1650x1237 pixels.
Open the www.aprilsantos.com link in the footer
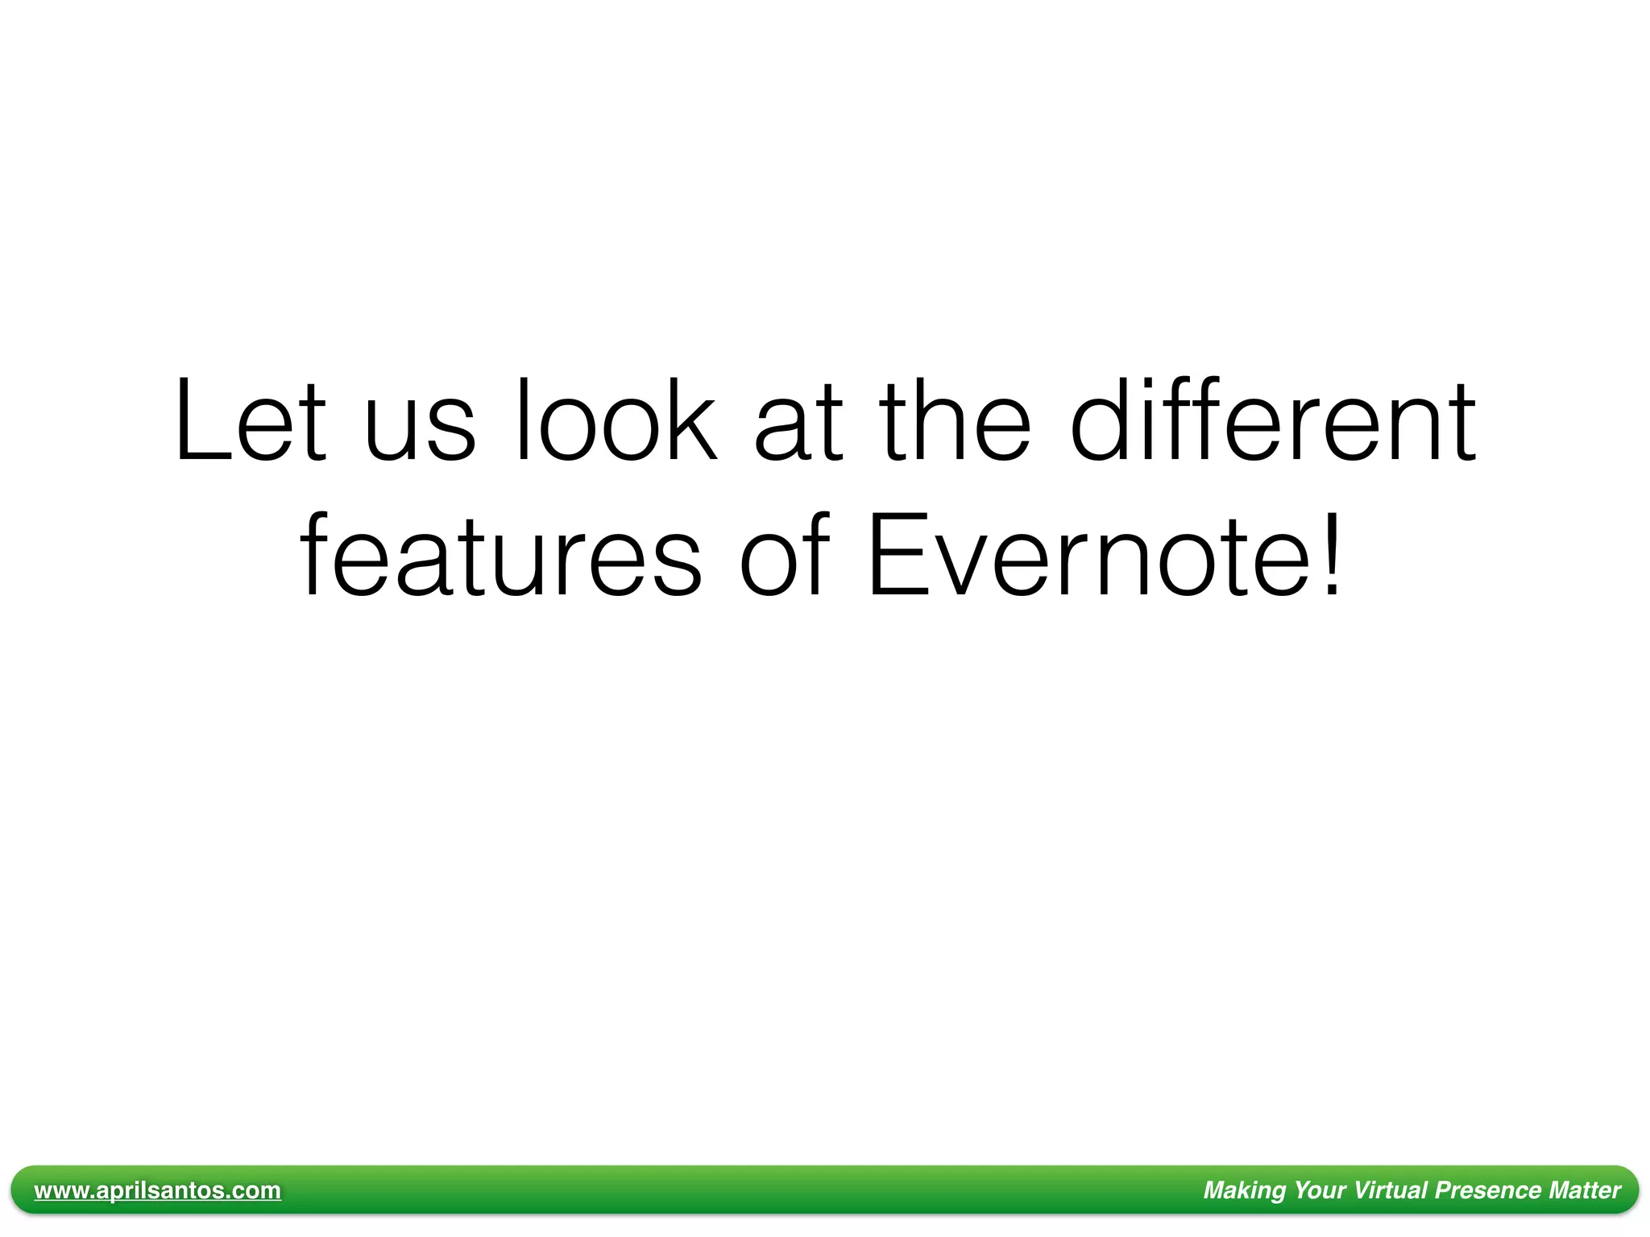158,1190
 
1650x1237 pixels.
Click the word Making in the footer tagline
1244,1190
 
